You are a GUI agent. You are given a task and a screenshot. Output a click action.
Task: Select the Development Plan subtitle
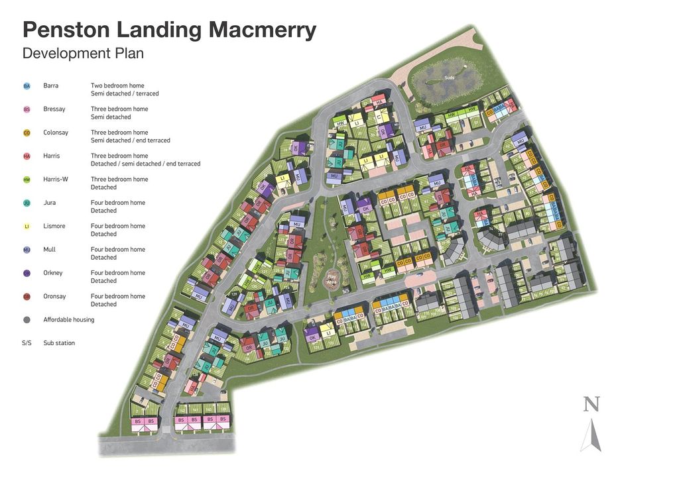click(x=83, y=53)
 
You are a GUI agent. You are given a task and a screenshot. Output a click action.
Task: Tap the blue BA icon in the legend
click(x=27, y=86)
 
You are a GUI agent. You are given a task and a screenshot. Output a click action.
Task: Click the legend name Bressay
click(x=54, y=109)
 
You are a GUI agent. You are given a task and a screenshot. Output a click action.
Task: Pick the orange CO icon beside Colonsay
click(x=27, y=133)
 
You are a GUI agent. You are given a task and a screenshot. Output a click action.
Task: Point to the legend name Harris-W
click(x=58, y=180)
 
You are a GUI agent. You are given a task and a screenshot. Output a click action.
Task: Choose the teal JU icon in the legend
click(x=27, y=203)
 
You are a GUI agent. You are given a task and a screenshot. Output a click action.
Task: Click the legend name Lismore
click(x=54, y=227)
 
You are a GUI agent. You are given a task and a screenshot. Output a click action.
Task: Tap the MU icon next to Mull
click(x=27, y=250)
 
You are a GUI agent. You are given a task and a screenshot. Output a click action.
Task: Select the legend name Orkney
click(x=54, y=273)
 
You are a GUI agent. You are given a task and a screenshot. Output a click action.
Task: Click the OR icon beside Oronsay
click(x=27, y=297)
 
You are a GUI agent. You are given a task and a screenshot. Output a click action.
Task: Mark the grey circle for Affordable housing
click(x=27, y=320)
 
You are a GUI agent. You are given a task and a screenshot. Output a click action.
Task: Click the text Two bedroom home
click(x=117, y=86)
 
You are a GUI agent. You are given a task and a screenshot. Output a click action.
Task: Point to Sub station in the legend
click(x=59, y=343)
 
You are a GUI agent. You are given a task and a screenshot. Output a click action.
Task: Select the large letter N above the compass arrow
click(x=591, y=404)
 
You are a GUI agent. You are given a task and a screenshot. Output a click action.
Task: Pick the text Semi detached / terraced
click(x=125, y=94)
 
